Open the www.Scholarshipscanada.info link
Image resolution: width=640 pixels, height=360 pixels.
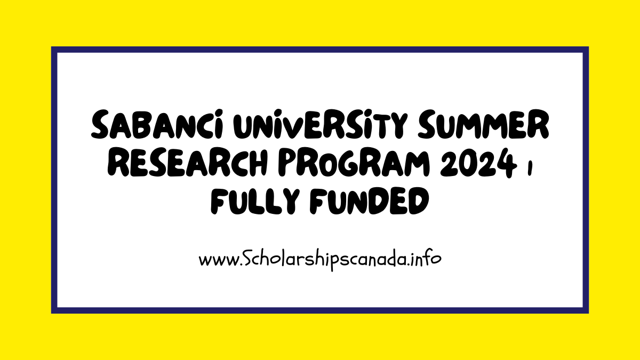[319, 260]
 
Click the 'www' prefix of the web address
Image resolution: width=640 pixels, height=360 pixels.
[216, 261]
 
